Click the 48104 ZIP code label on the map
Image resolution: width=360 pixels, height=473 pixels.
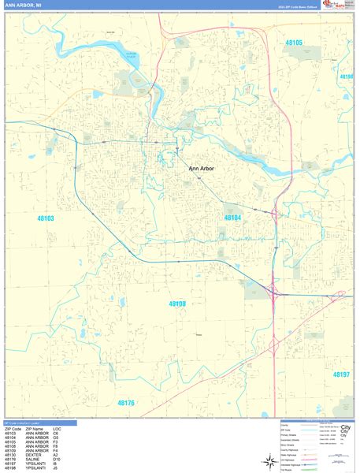click(232, 218)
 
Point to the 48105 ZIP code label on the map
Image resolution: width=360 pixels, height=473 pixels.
click(293, 43)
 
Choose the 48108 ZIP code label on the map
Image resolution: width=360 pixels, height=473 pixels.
click(177, 303)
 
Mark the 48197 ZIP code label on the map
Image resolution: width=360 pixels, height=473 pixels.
click(340, 374)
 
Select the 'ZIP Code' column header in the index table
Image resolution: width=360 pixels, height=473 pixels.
click(13, 429)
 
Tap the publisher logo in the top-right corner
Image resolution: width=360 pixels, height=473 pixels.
click(333, 6)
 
